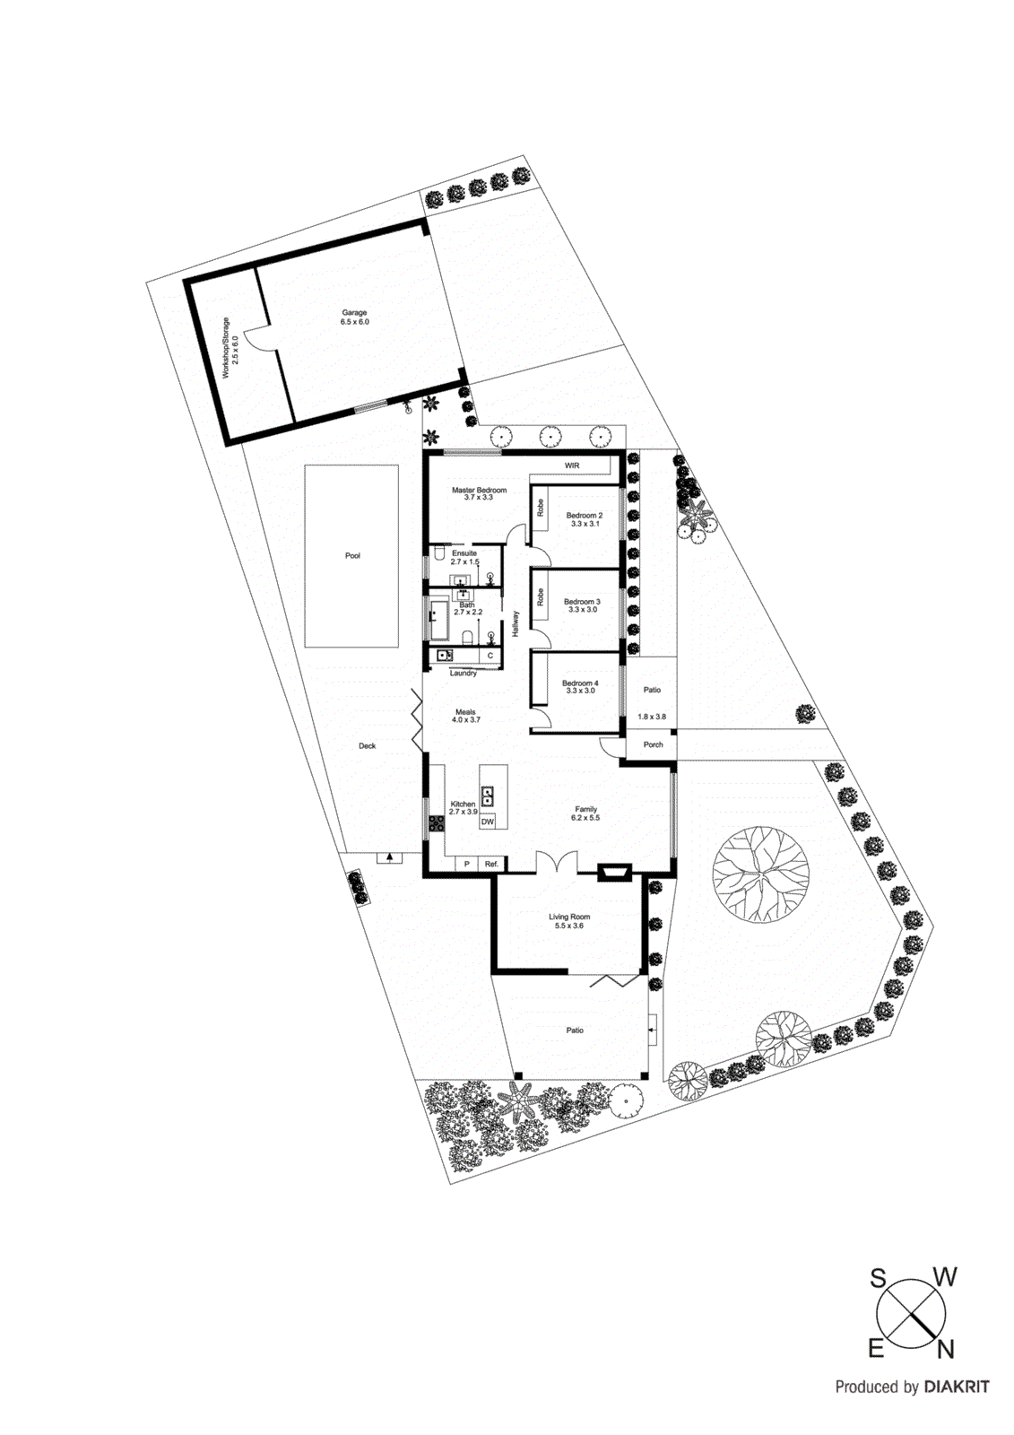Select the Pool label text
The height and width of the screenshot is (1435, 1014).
(x=352, y=556)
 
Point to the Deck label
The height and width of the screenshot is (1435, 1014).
(x=368, y=745)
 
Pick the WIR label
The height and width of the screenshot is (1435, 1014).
(x=572, y=465)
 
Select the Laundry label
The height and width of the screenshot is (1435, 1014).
(x=464, y=673)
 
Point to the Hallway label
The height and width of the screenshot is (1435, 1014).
(x=516, y=623)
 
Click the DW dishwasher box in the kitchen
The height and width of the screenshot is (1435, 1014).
(x=488, y=822)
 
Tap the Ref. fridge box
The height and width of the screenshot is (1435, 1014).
(x=491, y=864)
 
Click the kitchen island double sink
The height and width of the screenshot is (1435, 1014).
(x=487, y=796)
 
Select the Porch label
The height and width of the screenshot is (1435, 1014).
(x=653, y=744)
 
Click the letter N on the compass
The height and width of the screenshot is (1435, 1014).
(x=945, y=1349)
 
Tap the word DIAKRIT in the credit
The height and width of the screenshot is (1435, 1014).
(x=957, y=1387)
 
